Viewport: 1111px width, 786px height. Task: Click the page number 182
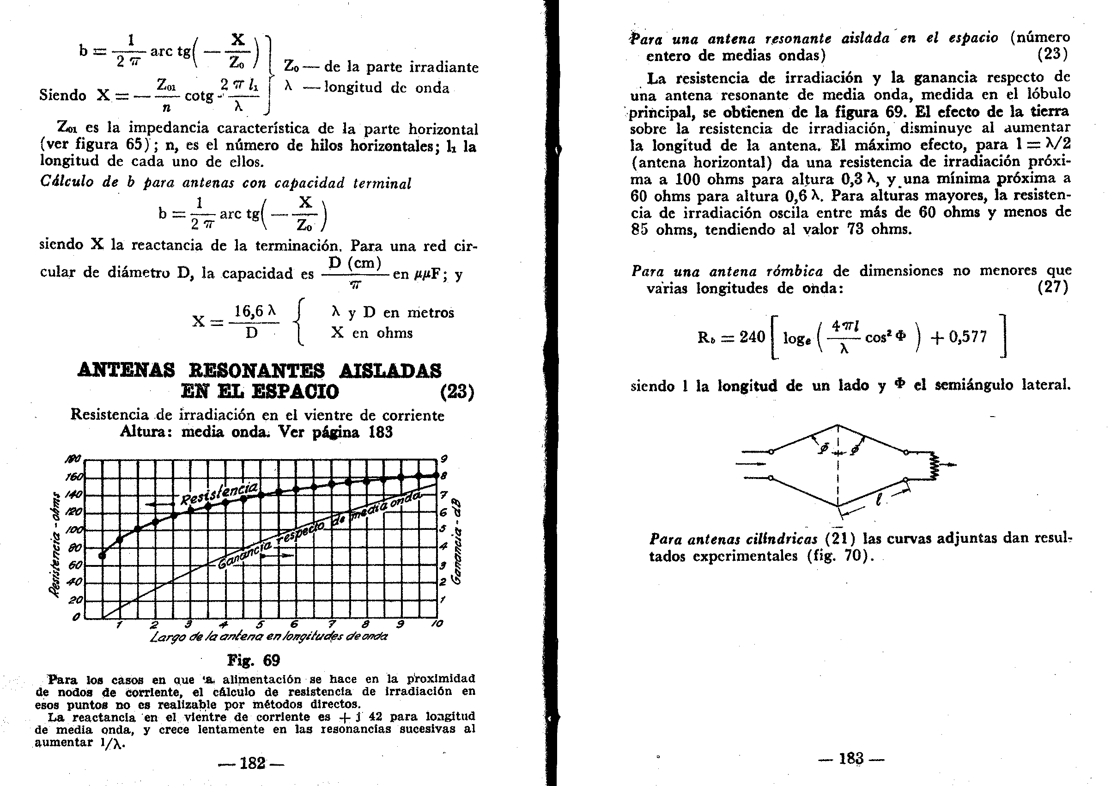click(x=252, y=764)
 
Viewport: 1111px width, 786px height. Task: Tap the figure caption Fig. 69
click(x=254, y=661)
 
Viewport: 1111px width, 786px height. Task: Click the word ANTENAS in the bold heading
click(x=126, y=371)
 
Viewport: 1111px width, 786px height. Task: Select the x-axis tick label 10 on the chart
click(x=437, y=624)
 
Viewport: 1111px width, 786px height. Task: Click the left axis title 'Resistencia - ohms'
click(x=57, y=545)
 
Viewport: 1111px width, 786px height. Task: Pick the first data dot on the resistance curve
click(x=102, y=555)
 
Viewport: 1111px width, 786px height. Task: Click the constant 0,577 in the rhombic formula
click(x=967, y=337)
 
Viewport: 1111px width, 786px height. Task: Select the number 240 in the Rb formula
click(x=752, y=337)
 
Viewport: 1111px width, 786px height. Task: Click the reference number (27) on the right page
click(x=1052, y=287)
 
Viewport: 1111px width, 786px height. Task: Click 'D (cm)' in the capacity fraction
click(x=355, y=264)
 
